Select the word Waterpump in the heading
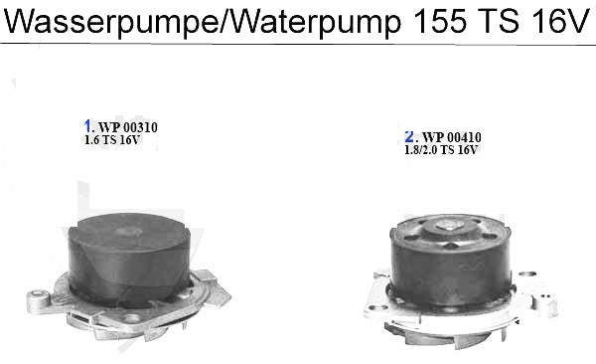point(316,22)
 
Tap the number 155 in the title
point(439,21)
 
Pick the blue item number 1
point(87,126)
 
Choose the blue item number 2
point(409,136)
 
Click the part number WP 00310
point(128,127)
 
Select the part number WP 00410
point(452,137)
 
